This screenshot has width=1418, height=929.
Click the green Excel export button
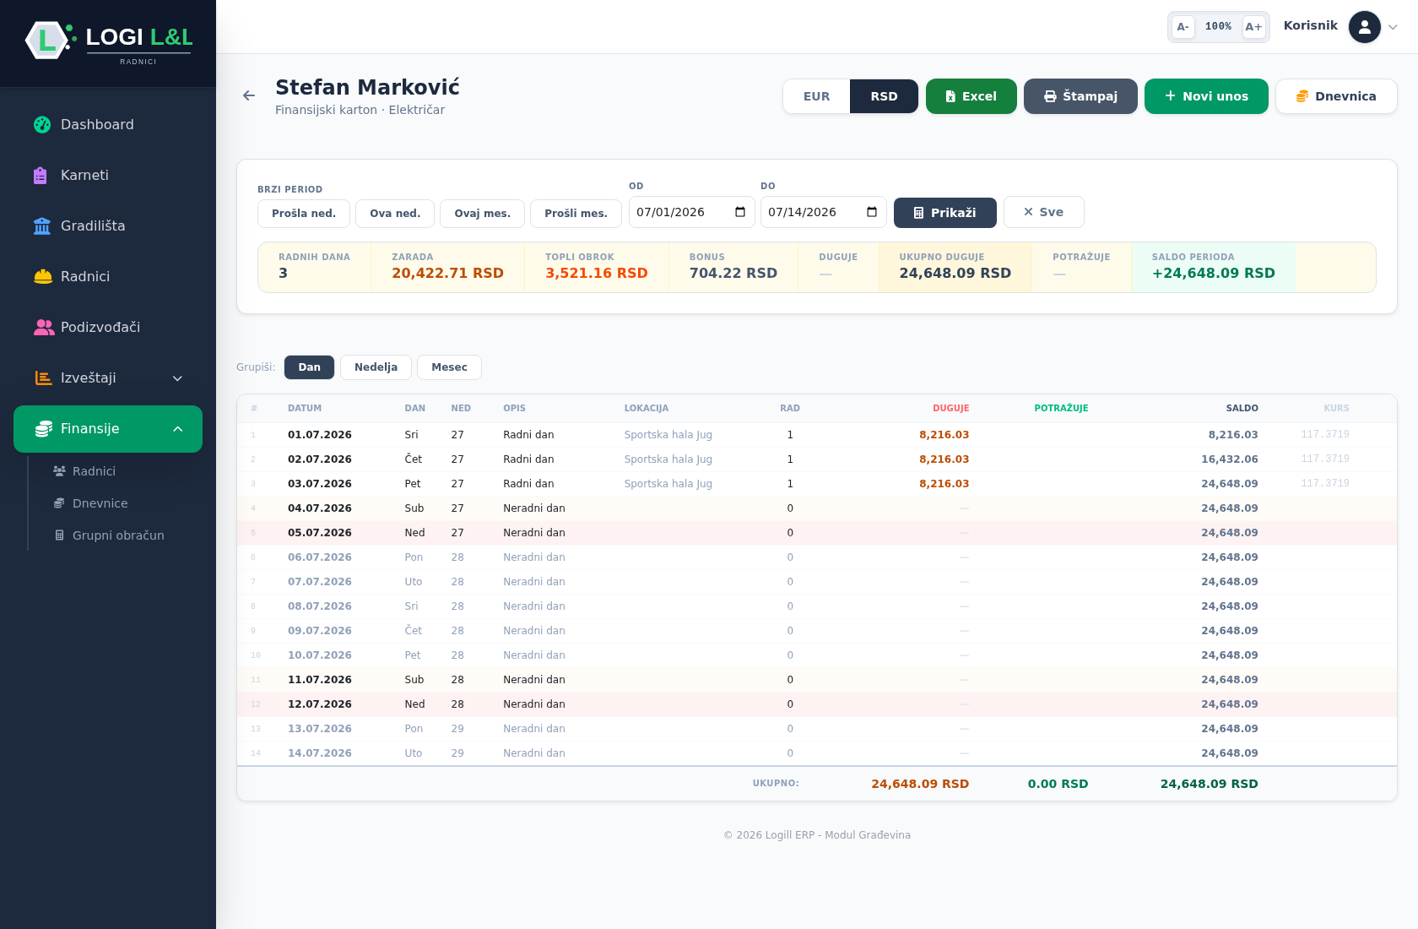(x=971, y=96)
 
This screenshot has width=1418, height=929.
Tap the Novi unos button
(x=1206, y=96)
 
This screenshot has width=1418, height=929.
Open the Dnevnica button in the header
(x=1335, y=96)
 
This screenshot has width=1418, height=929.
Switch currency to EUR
(x=816, y=96)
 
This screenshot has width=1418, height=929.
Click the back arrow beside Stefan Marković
(x=249, y=95)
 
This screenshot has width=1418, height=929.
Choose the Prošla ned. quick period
(x=304, y=214)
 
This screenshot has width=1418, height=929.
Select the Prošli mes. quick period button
(x=576, y=214)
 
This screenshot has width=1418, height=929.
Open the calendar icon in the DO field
(x=872, y=212)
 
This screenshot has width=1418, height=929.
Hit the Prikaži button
(x=944, y=213)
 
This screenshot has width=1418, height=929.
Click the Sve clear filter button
(x=1043, y=212)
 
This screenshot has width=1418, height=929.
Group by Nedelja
(x=376, y=367)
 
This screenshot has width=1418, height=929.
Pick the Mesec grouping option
(x=449, y=367)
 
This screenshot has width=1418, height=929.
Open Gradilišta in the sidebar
(x=93, y=226)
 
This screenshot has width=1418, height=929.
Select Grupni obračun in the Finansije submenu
(x=118, y=535)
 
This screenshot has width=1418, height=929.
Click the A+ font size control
(x=1253, y=26)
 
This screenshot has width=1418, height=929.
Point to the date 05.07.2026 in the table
(x=320, y=533)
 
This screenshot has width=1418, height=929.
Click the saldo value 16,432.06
(x=1229, y=459)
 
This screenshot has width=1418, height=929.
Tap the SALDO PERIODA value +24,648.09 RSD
(x=1213, y=273)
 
